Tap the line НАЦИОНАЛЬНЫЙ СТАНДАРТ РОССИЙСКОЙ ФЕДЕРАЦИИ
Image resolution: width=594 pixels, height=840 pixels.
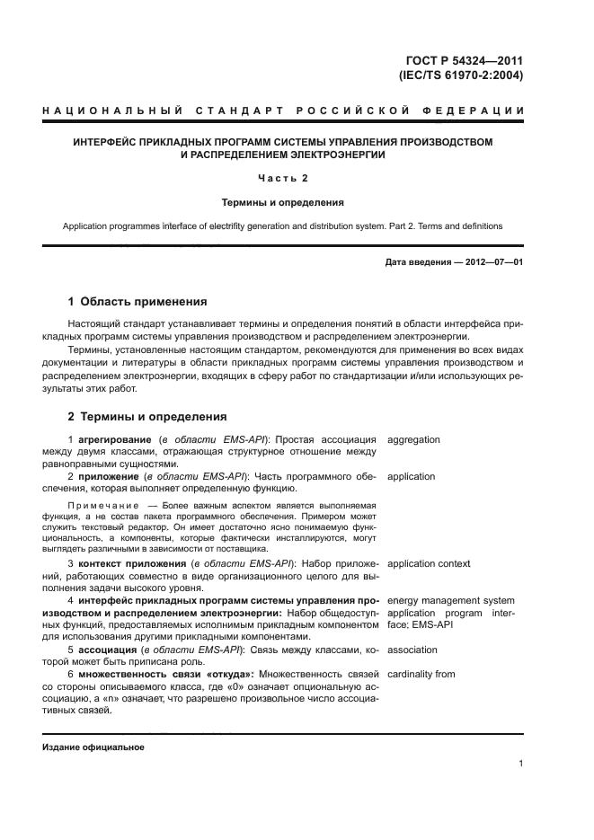(283, 111)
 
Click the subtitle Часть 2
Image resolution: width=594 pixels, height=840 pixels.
(283, 178)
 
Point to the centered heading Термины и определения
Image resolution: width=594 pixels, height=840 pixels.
(283, 202)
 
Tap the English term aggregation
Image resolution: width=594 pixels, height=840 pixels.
(413, 440)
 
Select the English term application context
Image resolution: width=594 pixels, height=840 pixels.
(428, 563)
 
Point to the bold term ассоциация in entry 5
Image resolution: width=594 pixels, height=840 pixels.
(109, 650)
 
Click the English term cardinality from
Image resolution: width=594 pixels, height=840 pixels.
(421, 673)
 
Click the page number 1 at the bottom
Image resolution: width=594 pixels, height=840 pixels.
(520, 764)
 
